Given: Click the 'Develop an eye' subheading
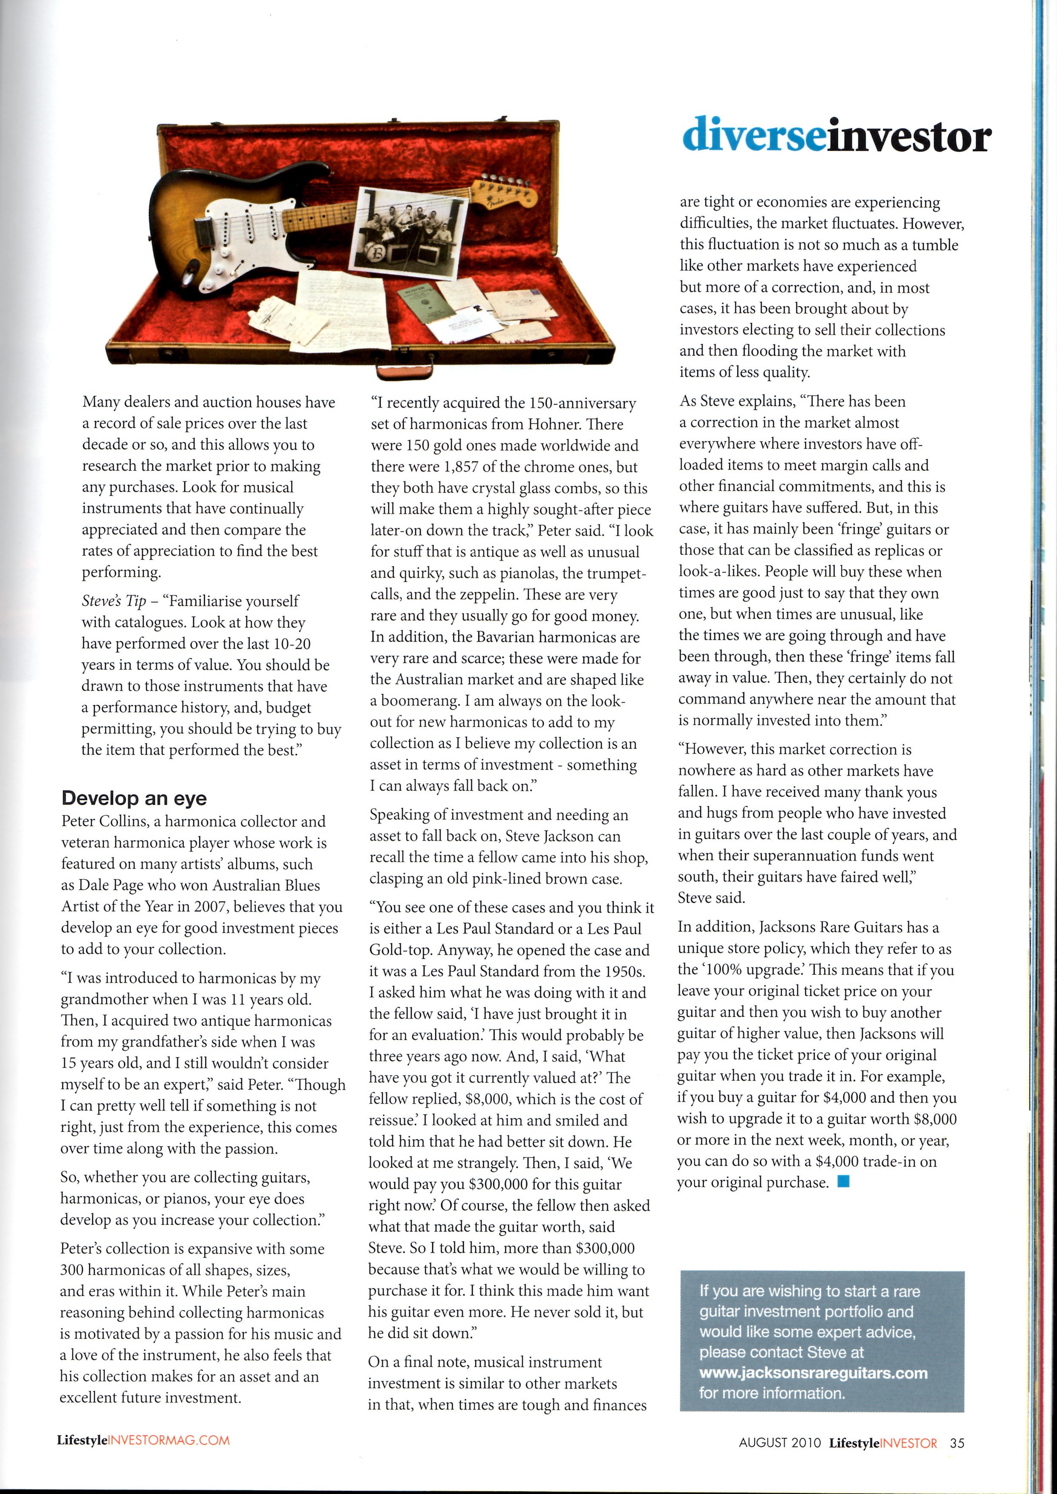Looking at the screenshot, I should click(134, 798).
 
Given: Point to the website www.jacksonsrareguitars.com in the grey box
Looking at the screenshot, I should click(813, 1373).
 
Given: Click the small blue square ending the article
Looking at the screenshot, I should click(844, 1181).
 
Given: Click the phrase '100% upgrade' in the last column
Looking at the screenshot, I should click(745, 969).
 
